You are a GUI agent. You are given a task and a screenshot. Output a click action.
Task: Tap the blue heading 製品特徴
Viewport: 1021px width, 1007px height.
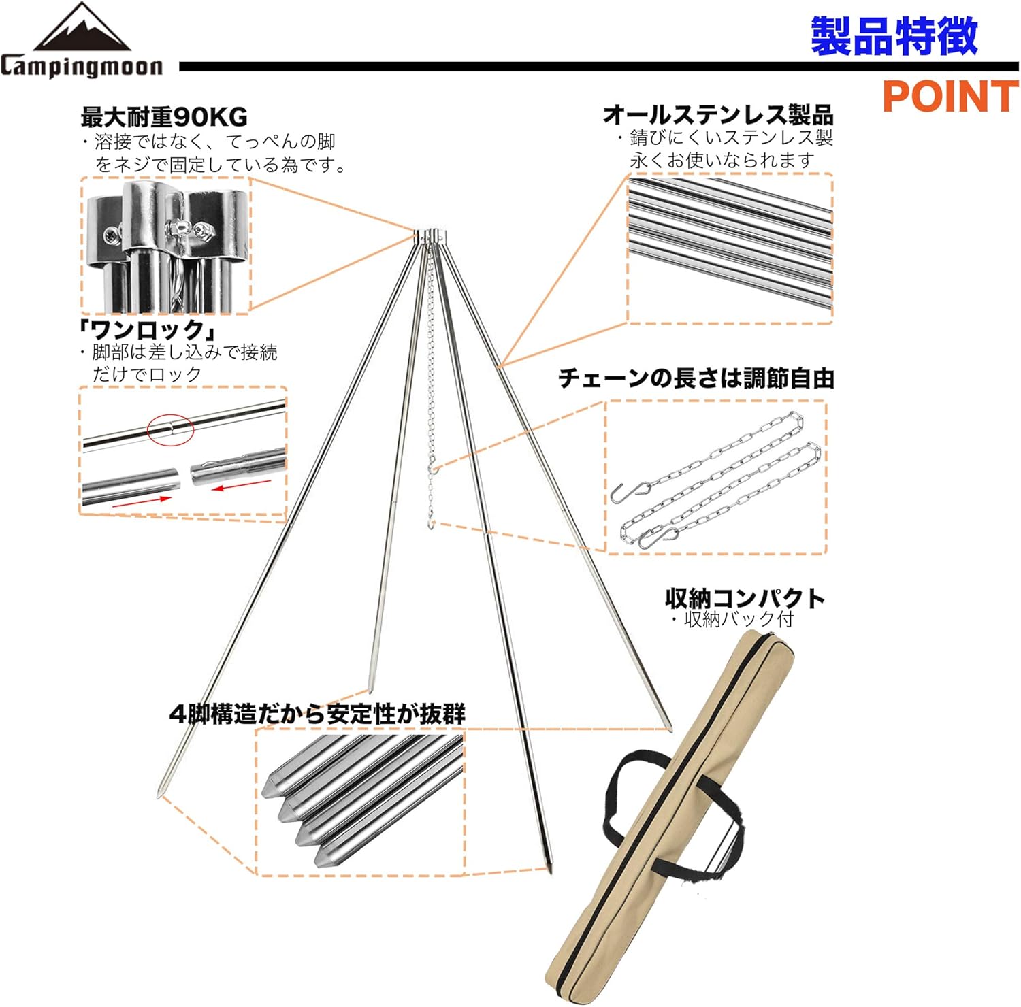point(894,37)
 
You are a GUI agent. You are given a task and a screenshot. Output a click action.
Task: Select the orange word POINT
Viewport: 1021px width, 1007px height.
point(950,96)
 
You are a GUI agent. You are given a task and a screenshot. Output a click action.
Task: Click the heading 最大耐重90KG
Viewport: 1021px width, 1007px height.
point(164,117)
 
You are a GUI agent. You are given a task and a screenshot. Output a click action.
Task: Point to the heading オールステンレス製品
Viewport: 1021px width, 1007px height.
point(718,114)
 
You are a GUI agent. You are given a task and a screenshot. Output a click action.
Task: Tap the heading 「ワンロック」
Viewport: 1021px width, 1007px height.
point(146,330)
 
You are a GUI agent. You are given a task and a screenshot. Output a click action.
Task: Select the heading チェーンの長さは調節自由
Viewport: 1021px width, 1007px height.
point(696,378)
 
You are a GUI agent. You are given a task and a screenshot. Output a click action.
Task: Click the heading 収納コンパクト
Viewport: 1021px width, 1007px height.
point(745,598)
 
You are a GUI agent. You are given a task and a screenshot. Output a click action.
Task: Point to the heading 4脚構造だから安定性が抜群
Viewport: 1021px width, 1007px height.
point(317,714)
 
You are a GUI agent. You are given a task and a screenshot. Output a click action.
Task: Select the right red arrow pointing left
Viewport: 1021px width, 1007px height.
point(241,484)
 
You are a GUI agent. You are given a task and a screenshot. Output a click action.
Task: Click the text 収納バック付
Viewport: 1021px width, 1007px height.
point(739,619)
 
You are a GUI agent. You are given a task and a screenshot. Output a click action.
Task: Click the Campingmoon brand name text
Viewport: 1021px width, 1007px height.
point(82,67)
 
